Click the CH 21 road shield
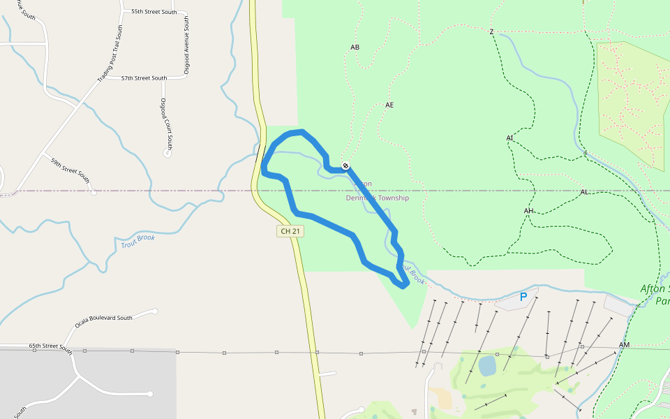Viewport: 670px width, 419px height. pos(290,231)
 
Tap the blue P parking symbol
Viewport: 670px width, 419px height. pos(523,297)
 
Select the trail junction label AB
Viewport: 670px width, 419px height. pos(355,47)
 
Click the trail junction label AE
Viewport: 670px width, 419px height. pos(389,105)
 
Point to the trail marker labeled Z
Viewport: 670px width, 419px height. pos(491,32)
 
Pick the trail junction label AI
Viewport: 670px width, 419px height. pos(509,138)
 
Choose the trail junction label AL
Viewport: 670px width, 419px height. pos(584,192)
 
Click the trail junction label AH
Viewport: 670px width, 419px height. pos(528,211)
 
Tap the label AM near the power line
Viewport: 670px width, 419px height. pos(624,346)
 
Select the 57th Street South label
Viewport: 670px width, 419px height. pos(144,78)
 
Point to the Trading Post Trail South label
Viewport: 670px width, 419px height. pos(110,54)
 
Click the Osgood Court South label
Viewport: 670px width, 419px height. pos(166,124)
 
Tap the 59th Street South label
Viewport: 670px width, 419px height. pos(70,170)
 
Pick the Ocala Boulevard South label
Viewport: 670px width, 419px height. pos(103,322)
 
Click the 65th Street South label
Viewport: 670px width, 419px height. pos(50,346)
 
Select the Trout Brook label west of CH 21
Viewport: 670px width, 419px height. pos(138,242)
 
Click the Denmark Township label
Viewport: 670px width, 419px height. pos(378,198)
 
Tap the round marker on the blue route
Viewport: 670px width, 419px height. pos(345,166)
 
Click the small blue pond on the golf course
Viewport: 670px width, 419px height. pos(487,365)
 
